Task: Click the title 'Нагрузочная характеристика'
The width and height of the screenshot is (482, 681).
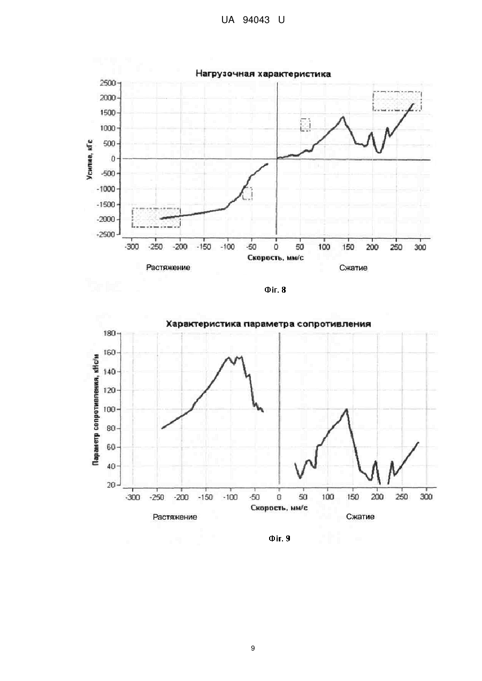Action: click(x=263, y=74)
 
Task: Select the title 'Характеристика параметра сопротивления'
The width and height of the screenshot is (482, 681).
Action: click(x=269, y=324)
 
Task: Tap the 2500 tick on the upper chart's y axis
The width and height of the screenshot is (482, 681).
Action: click(x=108, y=83)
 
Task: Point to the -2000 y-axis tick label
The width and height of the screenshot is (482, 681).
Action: click(x=106, y=219)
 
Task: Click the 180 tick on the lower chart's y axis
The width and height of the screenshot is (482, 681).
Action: click(x=110, y=333)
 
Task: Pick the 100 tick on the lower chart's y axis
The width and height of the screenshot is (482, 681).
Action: click(x=110, y=410)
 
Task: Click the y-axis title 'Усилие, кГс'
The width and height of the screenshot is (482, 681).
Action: click(x=90, y=159)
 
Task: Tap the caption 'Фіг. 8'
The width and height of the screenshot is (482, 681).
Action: click(x=275, y=290)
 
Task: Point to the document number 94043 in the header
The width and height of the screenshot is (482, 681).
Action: click(x=256, y=20)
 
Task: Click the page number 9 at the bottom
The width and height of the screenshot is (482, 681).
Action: click(x=253, y=648)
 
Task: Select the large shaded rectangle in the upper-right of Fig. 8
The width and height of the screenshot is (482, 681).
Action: click(x=397, y=101)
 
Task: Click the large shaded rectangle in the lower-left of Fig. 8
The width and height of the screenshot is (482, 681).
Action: click(x=156, y=218)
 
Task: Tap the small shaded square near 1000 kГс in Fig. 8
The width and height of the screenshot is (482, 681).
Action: click(x=305, y=125)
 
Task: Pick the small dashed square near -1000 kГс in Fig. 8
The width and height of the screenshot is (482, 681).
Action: click(x=247, y=194)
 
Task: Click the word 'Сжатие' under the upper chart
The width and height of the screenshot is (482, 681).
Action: click(x=354, y=268)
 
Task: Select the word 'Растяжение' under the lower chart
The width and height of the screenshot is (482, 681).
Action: click(x=175, y=517)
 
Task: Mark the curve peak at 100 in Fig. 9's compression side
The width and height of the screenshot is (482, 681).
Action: click(x=346, y=409)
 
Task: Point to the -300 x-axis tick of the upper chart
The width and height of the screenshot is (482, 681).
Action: click(x=132, y=247)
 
